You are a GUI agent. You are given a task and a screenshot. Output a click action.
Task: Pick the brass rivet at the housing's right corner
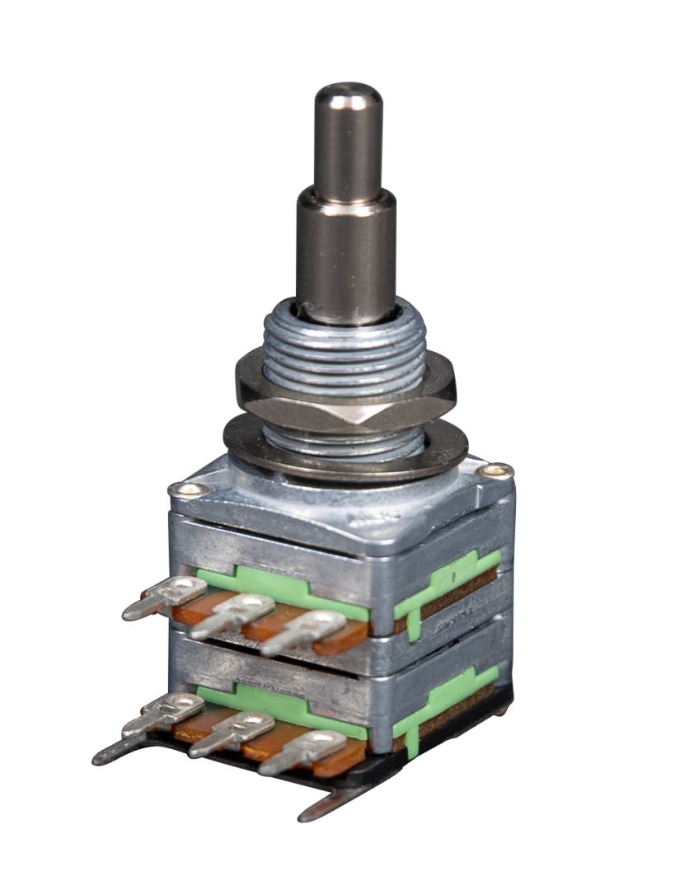point(495,471)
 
